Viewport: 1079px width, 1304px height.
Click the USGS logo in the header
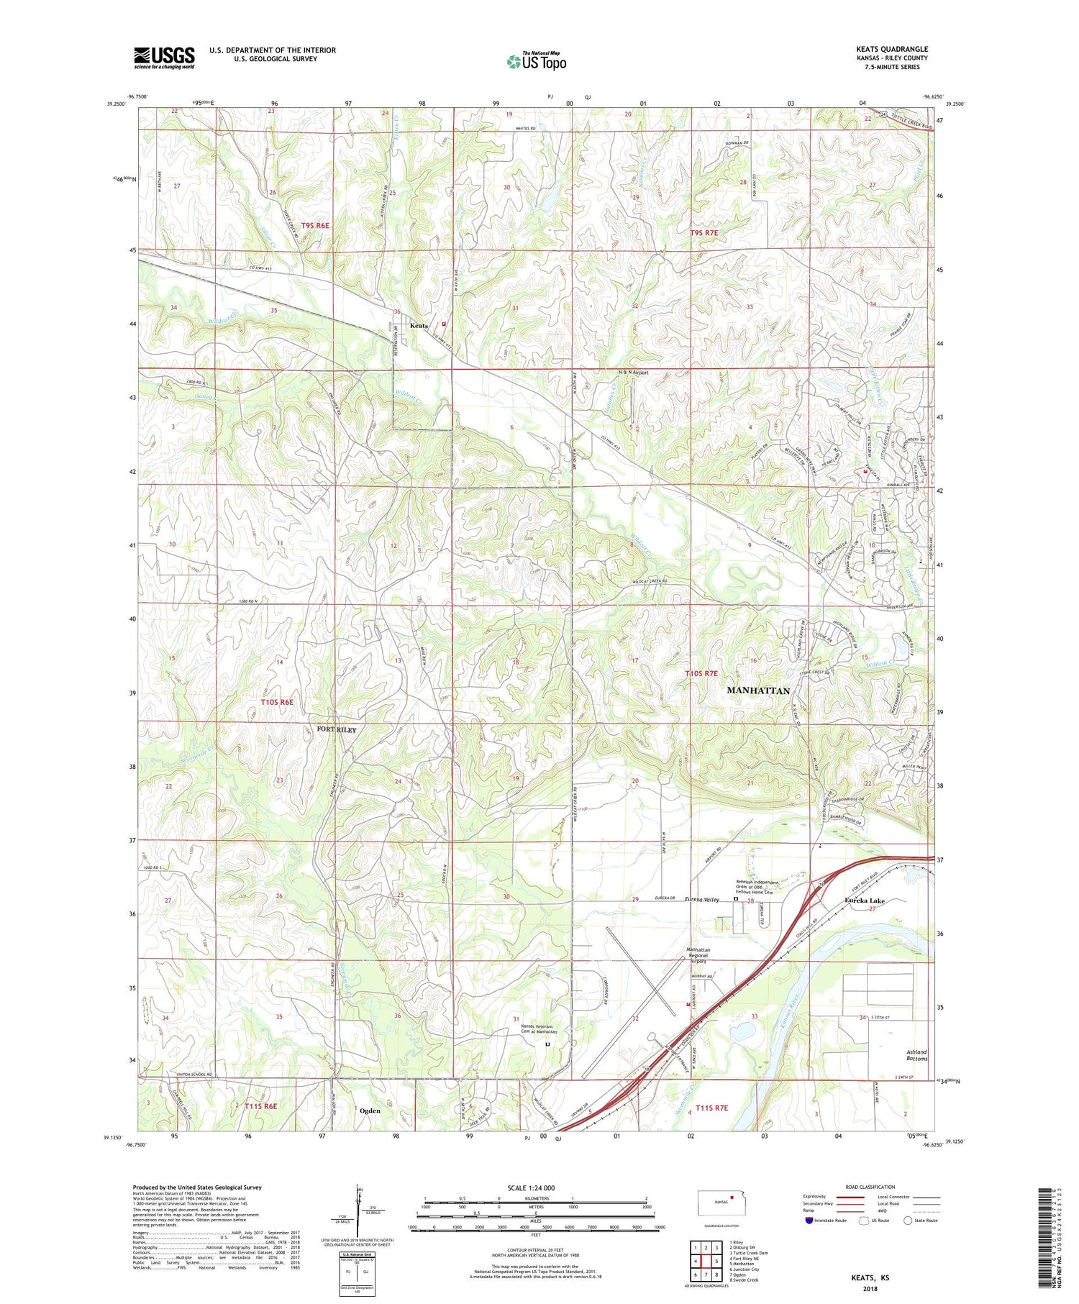(164, 58)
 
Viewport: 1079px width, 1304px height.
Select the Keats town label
(419, 326)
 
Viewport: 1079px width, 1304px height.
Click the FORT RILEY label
(336, 729)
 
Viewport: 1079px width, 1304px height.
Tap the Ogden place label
(370, 1111)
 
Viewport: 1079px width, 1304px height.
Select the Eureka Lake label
(865, 901)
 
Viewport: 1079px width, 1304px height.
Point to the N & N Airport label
(633, 373)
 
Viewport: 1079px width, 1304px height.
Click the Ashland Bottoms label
(916, 1055)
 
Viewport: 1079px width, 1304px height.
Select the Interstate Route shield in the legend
(809, 1221)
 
